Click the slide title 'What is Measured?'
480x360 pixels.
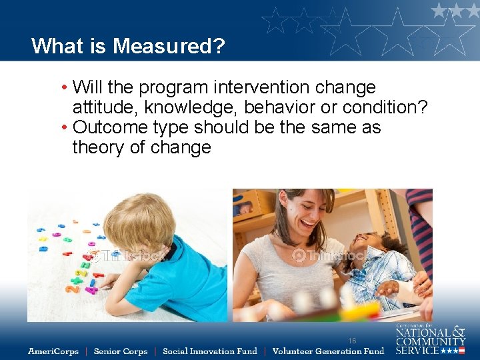click(128, 46)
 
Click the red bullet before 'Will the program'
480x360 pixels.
click(64, 88)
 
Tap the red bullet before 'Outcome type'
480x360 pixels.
click(64, 128)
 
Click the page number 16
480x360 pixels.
click(352, 341)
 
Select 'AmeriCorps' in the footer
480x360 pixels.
click(53, 351)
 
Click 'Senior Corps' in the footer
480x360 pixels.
click(121, 351)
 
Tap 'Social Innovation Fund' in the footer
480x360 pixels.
click(209, 351)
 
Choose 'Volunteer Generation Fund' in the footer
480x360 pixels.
click(328, 351)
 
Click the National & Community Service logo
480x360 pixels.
click(430, 339)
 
